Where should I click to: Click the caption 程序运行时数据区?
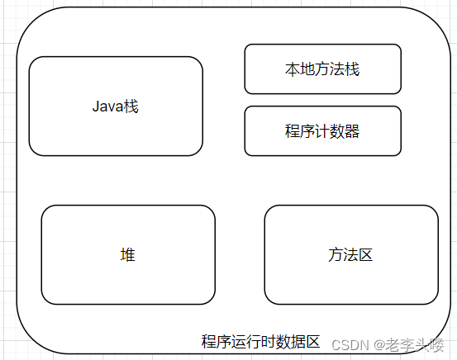260,342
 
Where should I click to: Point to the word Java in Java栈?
107,107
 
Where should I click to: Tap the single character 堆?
128,255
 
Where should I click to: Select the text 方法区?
350,255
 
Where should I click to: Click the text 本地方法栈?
322,69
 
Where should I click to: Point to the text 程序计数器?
322,131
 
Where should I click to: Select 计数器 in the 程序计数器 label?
337,131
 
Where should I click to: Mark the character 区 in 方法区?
365,255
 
